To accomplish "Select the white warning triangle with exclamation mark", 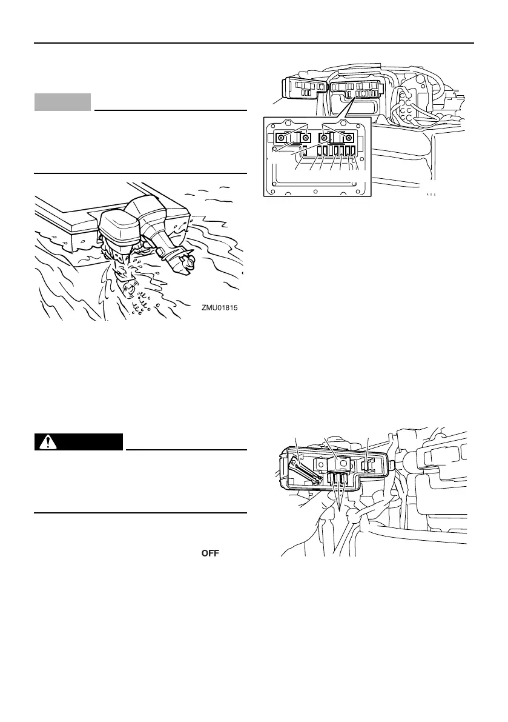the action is pyautogui.click(x=44, y=442).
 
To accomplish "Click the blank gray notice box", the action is pyautogui.click(x=62, y=102).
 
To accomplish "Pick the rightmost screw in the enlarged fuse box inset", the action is pyautogui.click(x=349, y=138).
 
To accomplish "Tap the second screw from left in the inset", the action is pyautogui.click(x=307, y=138).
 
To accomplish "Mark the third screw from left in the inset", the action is pyautogui.click(x=325, y=138).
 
